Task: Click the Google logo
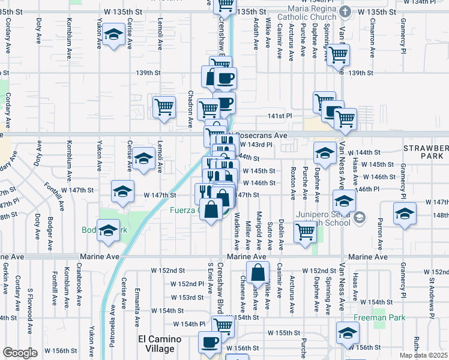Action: pos(20,353)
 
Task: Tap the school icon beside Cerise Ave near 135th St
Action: pos(112,35)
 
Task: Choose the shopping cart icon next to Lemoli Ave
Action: pos(164,107)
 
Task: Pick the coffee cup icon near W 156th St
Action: pos(209,342)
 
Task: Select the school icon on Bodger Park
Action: pos(109,231)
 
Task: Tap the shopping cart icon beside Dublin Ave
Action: pos(305,231)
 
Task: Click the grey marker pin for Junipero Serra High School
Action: pos(360,217)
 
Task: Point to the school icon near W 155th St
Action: pos(348,332)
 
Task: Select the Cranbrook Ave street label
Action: pos(79,286)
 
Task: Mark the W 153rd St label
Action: pos(185,297)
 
